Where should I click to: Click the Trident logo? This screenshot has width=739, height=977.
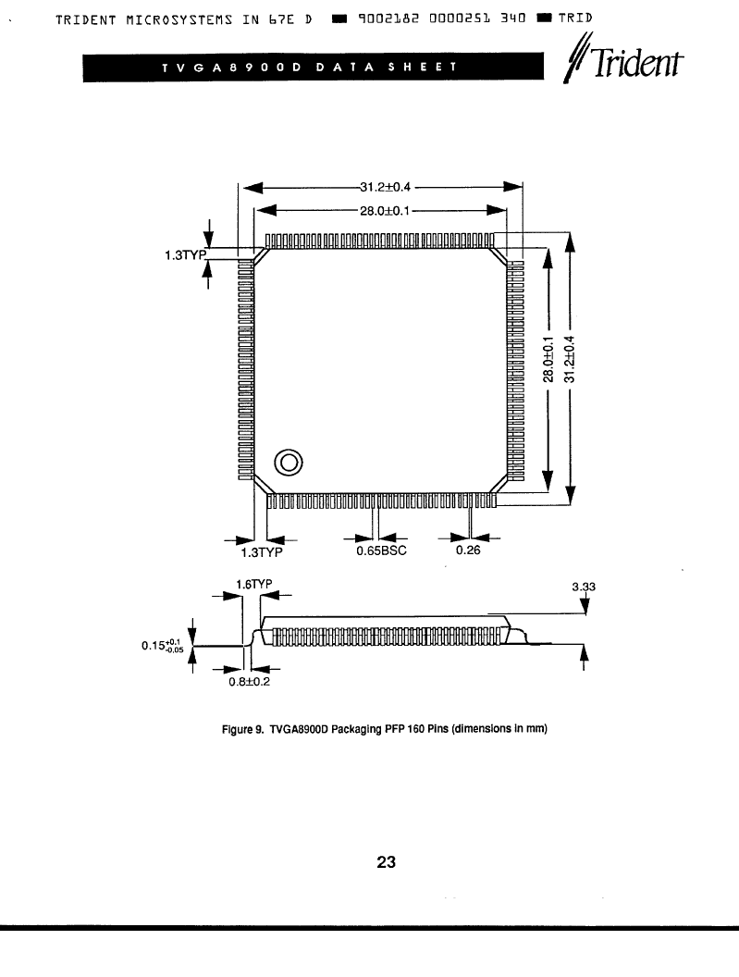(x=623, y=61)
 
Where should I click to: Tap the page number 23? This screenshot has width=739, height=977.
(x=386, y=861)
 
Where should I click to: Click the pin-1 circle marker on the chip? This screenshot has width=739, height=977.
(x=289, y=463)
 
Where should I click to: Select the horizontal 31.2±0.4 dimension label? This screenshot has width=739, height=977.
(x=385, y=187)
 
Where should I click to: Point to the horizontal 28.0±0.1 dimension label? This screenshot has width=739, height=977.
(x=385, y=211)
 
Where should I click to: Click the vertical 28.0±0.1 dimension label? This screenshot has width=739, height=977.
(x=548, y=359)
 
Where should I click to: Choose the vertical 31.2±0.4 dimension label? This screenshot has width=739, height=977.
(x=570, y=359)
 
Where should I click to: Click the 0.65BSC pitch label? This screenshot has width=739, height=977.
(x=381, y=550)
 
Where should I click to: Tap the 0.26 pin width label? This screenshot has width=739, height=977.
(x=468, y=550)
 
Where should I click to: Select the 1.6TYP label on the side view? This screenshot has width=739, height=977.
(x=253, y=584)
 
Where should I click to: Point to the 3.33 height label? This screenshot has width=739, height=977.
(x=584, y=587)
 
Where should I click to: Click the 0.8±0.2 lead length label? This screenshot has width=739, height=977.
(x=249, y=682)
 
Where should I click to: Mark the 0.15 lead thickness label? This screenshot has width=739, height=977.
(x=162, y=645)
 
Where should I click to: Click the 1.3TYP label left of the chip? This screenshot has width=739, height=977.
(x=185, y=255)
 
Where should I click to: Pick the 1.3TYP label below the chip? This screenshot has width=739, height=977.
(x=262, y=552)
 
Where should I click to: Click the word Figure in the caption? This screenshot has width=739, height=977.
(x=237, y=729)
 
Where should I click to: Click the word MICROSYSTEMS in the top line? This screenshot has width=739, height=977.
(x=179, y=19)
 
